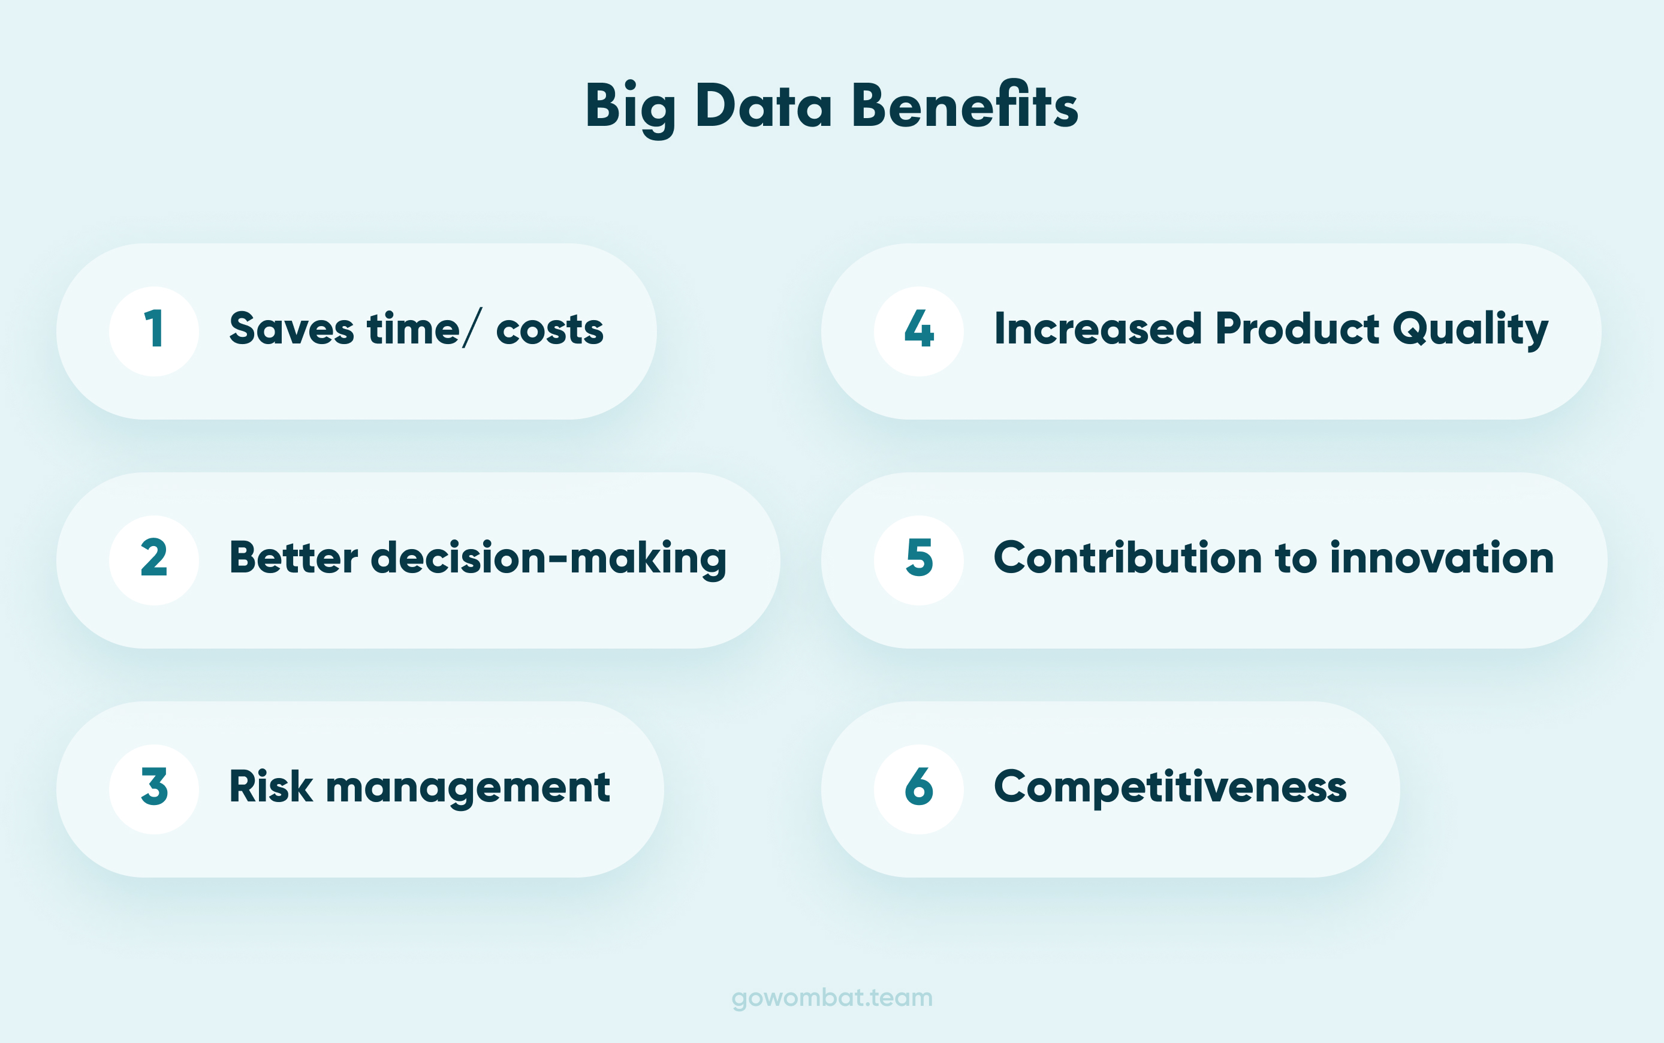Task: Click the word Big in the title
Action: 629,107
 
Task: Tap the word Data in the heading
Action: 764,107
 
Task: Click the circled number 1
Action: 154,330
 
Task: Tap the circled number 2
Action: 154,559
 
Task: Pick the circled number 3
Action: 154,788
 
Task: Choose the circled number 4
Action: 918,330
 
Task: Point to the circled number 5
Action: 918,559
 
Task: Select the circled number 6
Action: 918,788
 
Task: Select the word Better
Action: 294,557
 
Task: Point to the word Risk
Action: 271,786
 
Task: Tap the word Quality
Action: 1470,329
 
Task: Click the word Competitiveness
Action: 1169,787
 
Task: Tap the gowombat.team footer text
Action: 831,997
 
